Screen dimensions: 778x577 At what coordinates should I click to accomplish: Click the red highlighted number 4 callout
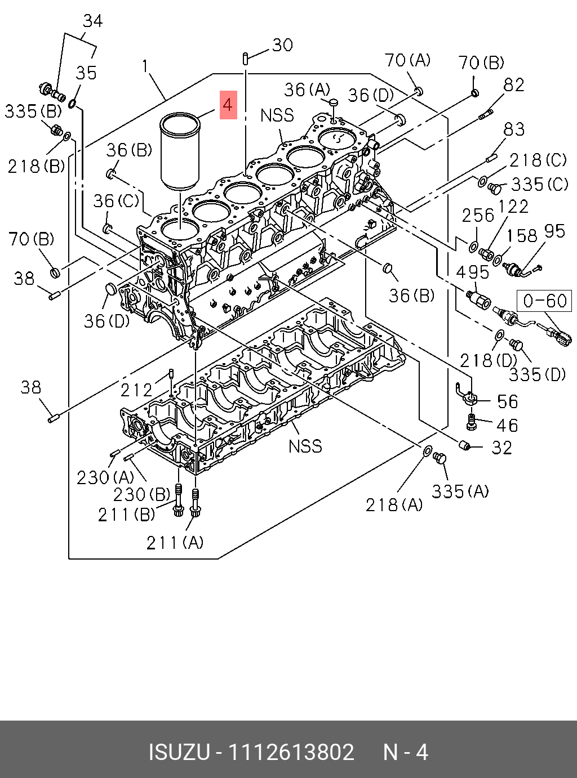[x=228, y=105]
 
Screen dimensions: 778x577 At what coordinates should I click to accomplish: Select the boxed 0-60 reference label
[x=544, y=301]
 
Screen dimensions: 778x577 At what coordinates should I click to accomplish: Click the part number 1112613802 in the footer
[x=291, y=752]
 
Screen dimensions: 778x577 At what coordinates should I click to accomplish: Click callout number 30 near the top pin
[x=282, y=45]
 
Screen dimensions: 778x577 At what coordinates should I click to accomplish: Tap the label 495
[x=472, y=272]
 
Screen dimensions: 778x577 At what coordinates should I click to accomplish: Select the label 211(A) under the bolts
[x=175, y=542]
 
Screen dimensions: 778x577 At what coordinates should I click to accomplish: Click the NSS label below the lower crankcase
[x=305, y=446]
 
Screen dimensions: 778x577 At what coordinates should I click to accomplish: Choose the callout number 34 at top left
[x=92, y=21]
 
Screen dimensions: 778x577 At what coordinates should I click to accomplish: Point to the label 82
[x=514, y=85]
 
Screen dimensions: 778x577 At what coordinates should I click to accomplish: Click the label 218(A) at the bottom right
[x=394, y=504]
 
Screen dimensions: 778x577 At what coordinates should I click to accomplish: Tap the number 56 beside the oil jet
[x=507, y=401]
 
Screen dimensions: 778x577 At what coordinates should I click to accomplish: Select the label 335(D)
[x=537, y=374]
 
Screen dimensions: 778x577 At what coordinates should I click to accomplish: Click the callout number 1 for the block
[x=145, y=66]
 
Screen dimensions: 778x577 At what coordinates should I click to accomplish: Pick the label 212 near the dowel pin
[x=137, y=390]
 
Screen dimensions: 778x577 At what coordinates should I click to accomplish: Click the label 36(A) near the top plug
[x=307, y=90]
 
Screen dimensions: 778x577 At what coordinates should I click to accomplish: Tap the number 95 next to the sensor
[x=554, y=231]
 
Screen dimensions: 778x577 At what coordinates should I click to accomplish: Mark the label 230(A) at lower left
[x=105, y=477]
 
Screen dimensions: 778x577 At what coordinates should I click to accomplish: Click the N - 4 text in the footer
[x=406, y=752]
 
